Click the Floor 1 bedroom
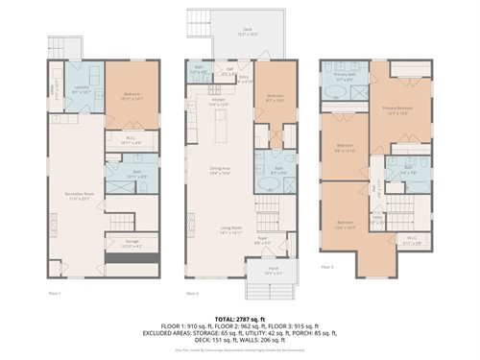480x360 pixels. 132,95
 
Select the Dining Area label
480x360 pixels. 221,171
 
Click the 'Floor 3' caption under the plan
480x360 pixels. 327,266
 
